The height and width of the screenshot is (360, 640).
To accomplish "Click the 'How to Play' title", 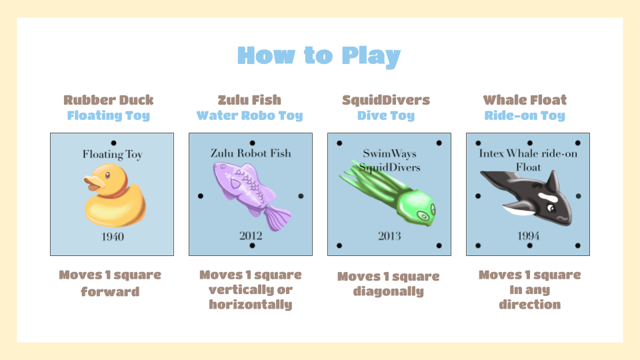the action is click(319, 56).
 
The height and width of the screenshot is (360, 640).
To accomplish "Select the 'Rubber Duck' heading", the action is click(109, 100).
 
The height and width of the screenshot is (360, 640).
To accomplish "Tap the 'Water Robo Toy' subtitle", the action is click(250, 115).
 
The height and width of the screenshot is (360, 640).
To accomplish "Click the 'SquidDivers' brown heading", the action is click(386, 100).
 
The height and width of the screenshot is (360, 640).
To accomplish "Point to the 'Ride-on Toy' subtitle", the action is click(525, 115).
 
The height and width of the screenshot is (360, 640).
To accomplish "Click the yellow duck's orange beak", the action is click(93, 183).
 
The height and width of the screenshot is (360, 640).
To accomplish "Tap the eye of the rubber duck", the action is click(107, 175).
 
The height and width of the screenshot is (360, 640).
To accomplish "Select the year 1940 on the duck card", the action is click(113, 237).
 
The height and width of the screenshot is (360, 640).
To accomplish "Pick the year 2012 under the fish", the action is click(251, 235).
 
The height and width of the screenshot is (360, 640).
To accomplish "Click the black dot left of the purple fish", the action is click(201, 196).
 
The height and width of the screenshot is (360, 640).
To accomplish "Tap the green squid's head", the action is click(416, 206).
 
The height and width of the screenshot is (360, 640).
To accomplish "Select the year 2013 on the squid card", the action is click(389, 236).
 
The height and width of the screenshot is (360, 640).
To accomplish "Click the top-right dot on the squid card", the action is click(439, 143).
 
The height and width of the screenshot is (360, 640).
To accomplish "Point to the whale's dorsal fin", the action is click(553, 181).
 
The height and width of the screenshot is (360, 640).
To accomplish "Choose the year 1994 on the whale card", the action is click(529, 236).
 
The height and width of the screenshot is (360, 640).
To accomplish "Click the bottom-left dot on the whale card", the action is click(478, 246).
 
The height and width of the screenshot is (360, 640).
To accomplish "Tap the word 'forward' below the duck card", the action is click(110, 292).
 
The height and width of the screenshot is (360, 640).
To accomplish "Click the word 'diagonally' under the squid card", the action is click(389, 291).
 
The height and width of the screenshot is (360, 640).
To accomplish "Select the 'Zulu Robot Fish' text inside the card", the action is click(251, 153).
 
